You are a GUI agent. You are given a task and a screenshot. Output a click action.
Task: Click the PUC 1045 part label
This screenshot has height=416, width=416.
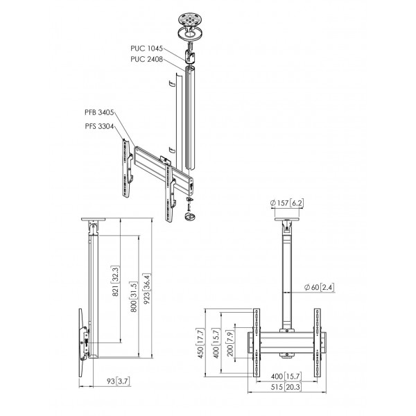click(x=146, y=49)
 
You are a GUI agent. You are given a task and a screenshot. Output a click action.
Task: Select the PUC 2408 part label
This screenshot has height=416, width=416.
click(x=146, y=59)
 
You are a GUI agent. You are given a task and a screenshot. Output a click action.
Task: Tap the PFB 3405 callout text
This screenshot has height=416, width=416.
click(x=99, y=112)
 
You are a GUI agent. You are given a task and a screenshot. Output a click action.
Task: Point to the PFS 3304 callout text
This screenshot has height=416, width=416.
click(x=99, y=126)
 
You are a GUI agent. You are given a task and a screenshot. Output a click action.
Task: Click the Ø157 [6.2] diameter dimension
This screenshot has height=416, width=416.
click(x=286, y=203)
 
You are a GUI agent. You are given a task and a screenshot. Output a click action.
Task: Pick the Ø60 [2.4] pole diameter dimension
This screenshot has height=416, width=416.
click(x=319, y=287)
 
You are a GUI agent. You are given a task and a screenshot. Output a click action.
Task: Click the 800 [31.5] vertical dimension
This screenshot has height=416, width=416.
click(x=134, y=297)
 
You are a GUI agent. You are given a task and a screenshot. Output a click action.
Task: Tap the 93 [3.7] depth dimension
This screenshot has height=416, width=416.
click(x=119, y=381)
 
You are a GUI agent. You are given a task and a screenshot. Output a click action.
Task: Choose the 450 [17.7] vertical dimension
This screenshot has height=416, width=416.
click(x=200, y=343)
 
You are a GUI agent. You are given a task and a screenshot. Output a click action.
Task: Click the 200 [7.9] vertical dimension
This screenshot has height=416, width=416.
click(x=230, y=343)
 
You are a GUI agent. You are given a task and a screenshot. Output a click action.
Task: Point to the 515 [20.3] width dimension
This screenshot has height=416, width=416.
click(x=286, y=387)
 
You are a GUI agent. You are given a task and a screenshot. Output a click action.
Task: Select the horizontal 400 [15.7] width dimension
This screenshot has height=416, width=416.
click(x=286, y=376)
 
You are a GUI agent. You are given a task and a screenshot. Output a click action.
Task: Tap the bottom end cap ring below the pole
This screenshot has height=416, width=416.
click(x=190, y=216)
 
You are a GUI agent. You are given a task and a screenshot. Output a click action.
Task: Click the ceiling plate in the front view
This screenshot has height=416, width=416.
click(x=287, y=220)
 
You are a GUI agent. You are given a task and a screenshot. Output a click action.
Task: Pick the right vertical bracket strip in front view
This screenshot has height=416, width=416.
click(x=318, y=343)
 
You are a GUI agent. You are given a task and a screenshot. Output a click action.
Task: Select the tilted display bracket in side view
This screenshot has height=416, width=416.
click(x=82, y=343)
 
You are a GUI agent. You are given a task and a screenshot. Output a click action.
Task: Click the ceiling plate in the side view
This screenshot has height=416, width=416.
click(x=93, y=219)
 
